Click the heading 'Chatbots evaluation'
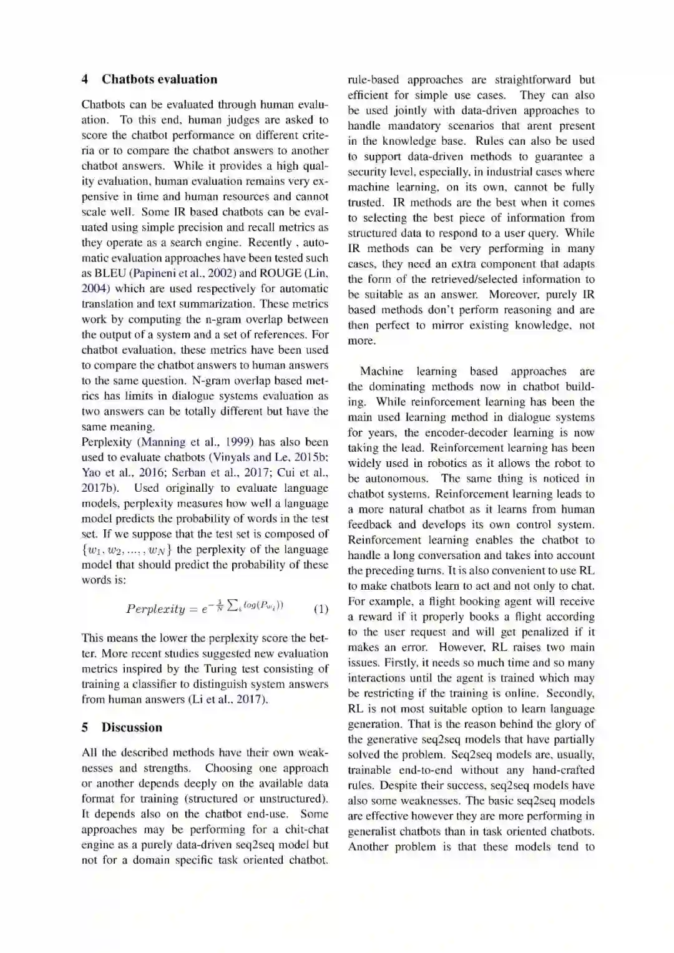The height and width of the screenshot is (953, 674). [159, 79]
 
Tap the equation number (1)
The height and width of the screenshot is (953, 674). [321, 609]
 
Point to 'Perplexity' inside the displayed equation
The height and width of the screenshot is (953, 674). [155, 609]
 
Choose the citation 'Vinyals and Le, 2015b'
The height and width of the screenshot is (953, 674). [270, 457]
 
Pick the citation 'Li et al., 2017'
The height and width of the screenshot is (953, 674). [228, 700]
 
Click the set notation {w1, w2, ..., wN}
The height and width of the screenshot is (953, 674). [127, 550]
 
